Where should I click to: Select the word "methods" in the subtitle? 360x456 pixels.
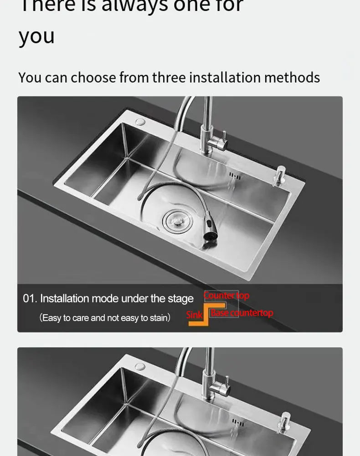point(292,78)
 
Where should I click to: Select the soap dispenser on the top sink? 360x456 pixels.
point(278,176)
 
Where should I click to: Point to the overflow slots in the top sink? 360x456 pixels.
point(235,176)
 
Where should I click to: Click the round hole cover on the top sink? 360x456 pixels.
point(140,122)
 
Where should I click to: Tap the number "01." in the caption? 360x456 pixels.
point(30,299)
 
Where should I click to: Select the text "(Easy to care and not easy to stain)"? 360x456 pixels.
point(105,317)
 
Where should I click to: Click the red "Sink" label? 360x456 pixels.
point(194,315)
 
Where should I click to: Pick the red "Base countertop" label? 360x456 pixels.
point(242,313)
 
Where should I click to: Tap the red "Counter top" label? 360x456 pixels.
point(226,295)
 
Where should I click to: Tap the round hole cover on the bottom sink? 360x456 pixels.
point(140,366)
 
